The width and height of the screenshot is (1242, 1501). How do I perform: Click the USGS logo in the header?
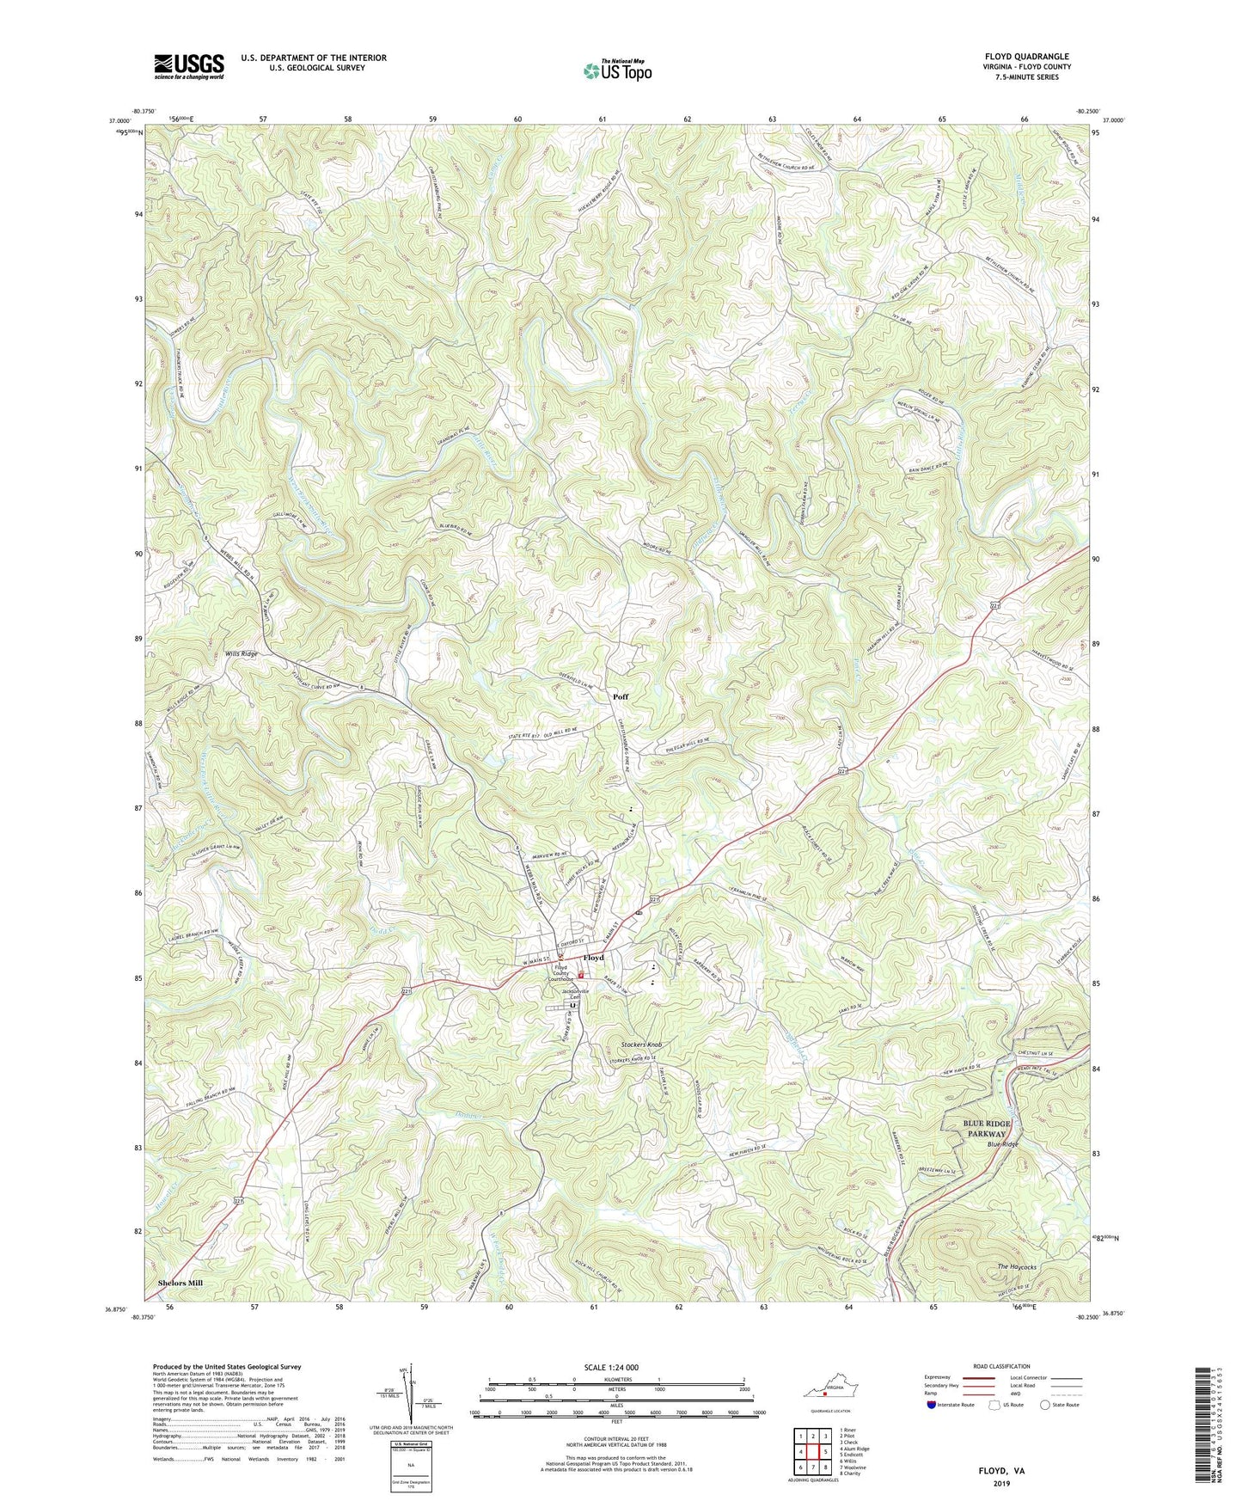point(189,65)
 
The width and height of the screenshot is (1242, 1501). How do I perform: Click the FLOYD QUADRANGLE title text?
point(1027,57)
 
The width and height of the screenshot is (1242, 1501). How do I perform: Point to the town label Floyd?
point(593,958)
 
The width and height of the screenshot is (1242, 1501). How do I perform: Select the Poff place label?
point(621,697)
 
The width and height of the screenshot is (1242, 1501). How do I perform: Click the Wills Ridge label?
point(241,654)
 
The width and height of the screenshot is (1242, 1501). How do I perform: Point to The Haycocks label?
point(1017,1267)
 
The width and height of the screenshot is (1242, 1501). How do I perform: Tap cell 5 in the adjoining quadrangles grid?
point(824,1450)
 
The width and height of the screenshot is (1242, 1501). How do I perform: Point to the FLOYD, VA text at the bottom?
point(1001,1471)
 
